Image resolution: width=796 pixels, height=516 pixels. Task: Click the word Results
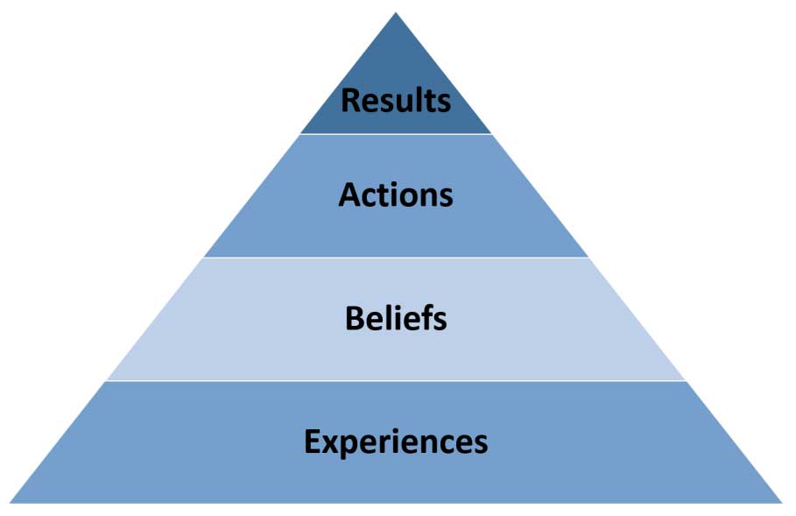pos(396,100)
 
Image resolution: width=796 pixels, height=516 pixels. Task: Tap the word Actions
pos(396,194)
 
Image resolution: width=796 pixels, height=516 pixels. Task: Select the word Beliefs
pos(396,318)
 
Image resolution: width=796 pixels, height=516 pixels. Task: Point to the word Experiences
pos(396,441)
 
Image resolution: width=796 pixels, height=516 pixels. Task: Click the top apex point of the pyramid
pos(396,13)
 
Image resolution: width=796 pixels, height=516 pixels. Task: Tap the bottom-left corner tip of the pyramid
pos(11,502)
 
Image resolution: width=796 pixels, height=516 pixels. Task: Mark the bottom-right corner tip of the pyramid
pos(781,502)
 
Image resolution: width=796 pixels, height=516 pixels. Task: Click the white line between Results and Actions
pos(396,134)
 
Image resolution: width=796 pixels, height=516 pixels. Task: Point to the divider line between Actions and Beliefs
pos(396,258)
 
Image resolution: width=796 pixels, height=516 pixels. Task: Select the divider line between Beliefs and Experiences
pos(396,381)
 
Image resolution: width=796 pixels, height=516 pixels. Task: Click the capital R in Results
pos(350,100)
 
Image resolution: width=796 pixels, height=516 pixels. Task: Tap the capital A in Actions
pos(349,194)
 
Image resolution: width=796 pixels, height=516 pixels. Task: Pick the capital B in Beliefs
pos(355,318)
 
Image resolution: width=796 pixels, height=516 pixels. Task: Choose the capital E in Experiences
pos(312,441)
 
